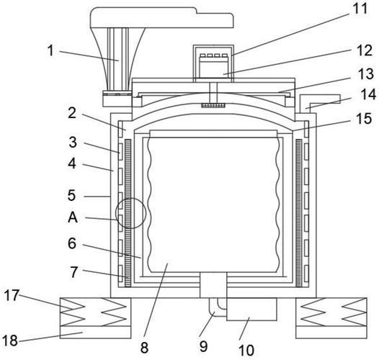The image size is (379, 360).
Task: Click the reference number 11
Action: (360, 9)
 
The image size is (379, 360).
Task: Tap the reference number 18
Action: (10, 341)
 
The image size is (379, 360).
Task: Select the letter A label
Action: (73, 217)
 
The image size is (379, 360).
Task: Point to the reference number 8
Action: (144, 348)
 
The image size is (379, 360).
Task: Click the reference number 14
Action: (368, 94)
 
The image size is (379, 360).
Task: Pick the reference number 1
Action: (50, 50)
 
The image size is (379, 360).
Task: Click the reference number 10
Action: (246, 350)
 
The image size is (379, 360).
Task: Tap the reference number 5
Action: (72, 195)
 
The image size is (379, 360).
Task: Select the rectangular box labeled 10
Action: (251, 309)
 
